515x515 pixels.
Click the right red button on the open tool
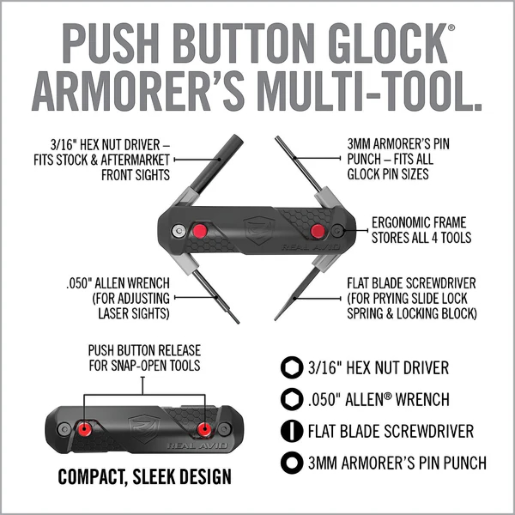tap(318, 231)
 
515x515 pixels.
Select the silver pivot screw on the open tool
tap(179, 231)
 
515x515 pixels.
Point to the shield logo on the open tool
tap(259, 230)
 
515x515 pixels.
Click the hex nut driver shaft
tap(219, 163)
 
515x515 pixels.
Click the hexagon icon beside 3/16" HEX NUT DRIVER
tap(292, 368)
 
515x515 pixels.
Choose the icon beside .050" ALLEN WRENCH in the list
tap(292, 399)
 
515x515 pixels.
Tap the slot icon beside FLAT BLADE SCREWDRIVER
tap(292, 431)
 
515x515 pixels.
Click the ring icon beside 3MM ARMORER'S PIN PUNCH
tap(292, 462)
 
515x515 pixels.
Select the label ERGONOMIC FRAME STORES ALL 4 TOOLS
tap(421, 230)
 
